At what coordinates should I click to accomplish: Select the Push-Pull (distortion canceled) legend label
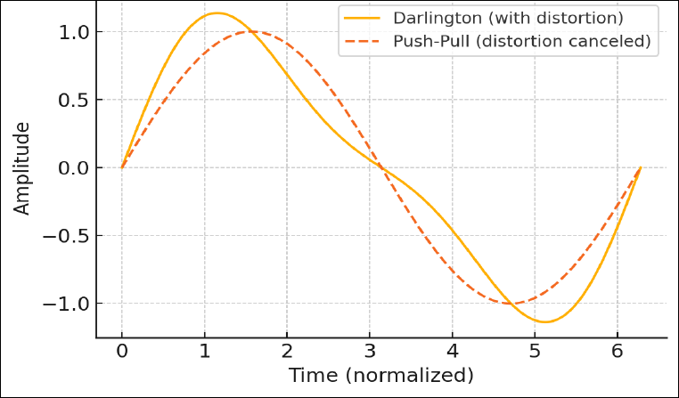coord(521,41)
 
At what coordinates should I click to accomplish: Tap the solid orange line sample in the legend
coord(360,18)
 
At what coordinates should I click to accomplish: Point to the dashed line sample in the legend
coord(360,41)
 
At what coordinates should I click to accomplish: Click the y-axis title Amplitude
coord(22,167)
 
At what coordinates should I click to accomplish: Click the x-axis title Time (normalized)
coord(380,374)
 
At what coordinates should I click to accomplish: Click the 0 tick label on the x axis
coord(122,350)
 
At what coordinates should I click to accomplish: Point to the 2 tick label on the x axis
coord(287,350)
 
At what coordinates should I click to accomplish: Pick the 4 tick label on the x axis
coord(453,350)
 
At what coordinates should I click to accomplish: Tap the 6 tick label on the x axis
coord(618,350)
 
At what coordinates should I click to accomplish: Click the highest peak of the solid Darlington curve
coord(217,12)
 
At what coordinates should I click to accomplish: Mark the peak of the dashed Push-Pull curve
coord(251,31)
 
